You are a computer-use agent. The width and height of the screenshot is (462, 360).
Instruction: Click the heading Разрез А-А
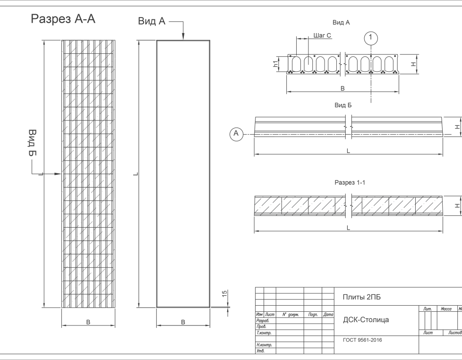point(63,19)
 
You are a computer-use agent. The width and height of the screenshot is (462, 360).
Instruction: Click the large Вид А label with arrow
point(152,22)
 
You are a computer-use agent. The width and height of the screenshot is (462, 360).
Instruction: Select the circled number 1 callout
point(372,37)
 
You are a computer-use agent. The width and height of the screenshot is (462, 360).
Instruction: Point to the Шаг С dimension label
point(322,35)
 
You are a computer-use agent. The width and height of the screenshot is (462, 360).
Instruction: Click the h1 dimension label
point(276,64)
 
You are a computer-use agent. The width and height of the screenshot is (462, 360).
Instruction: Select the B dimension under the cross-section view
point(342,88)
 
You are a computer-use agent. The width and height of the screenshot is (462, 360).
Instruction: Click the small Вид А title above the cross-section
point(341,22)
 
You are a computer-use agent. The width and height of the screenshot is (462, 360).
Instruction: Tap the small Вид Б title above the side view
point(343,105)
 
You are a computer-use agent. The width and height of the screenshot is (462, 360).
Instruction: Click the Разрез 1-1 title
point(350,182)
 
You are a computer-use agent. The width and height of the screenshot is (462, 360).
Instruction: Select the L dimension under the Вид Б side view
point(348,151)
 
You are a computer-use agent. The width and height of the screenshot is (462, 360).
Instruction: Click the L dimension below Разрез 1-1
point(348,228)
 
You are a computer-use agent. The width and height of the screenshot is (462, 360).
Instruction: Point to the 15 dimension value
point(225,294)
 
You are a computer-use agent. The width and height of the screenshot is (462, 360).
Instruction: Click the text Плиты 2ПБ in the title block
point(361,297)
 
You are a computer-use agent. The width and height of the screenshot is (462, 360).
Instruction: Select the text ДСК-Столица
point(366,320)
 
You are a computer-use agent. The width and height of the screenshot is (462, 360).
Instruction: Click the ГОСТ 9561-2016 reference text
point(362,340)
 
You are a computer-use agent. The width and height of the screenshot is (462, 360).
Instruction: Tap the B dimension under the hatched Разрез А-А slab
point(88,322)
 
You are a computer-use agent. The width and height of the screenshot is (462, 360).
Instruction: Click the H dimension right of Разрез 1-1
point(456,206)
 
